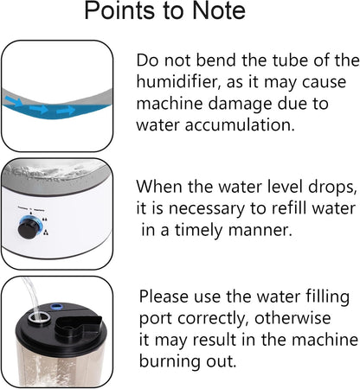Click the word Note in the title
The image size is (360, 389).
[219, 10]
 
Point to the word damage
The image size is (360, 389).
[240, 105]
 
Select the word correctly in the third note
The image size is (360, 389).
[214, 319]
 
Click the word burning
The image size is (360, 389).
[170, 361]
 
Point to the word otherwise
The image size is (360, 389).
[292, 318]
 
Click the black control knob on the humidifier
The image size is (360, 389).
[29, 227]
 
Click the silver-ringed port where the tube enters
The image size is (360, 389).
[39, 318]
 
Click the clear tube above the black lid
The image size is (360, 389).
[30, 296]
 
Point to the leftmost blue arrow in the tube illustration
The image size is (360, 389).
[14, 101]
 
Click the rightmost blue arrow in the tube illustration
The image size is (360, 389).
[66, 111]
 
